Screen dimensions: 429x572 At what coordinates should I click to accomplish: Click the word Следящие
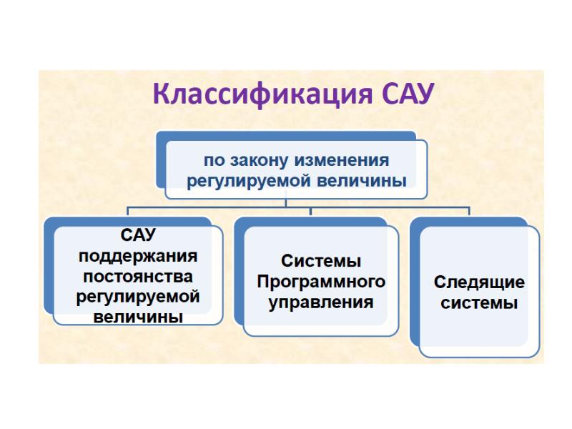479,282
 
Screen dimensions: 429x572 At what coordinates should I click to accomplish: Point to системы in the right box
479,302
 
